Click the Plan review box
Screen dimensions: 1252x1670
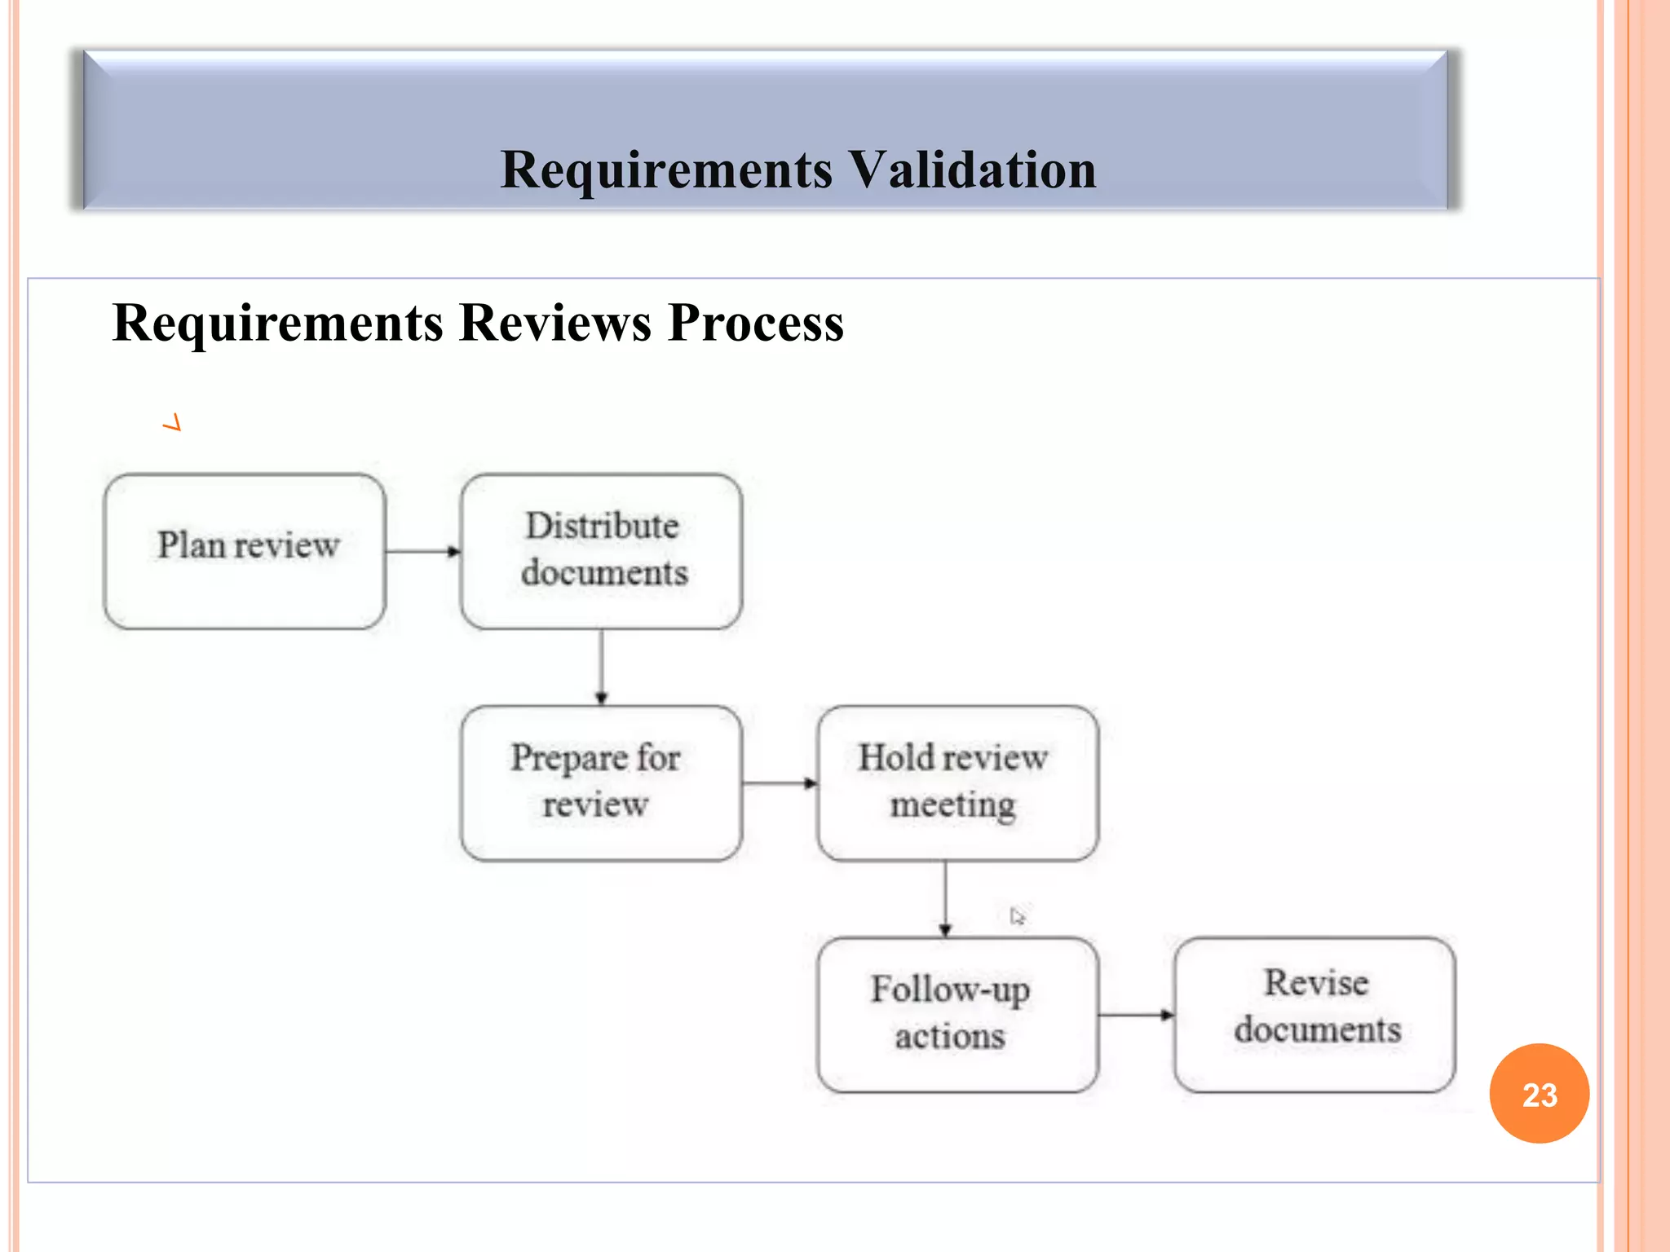coord(245,552)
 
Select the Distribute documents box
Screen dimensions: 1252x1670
coord(602,552)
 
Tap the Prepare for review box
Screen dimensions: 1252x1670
coord(602,783)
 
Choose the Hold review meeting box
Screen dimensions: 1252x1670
coord(957,783)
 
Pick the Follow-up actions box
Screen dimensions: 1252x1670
coord(957,1015)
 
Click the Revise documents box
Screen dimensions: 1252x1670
coord(1314,1015)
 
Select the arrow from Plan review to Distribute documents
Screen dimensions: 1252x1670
coord(422,552)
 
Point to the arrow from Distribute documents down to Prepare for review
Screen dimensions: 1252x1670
coord(602,667)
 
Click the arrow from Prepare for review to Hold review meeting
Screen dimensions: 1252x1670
coord(780,783)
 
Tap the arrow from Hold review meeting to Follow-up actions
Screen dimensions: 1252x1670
coord(945,898)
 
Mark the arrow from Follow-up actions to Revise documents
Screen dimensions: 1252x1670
coord(1136,1015)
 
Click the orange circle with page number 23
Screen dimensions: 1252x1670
coord(1539,1094)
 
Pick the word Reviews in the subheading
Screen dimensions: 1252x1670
coord(554,323)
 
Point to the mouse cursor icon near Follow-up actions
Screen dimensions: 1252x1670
coord(1016,916)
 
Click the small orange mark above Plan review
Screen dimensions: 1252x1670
coord(172,422)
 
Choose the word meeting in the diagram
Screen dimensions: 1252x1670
coord(952,805)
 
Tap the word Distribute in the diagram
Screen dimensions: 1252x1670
coord(602,526)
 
